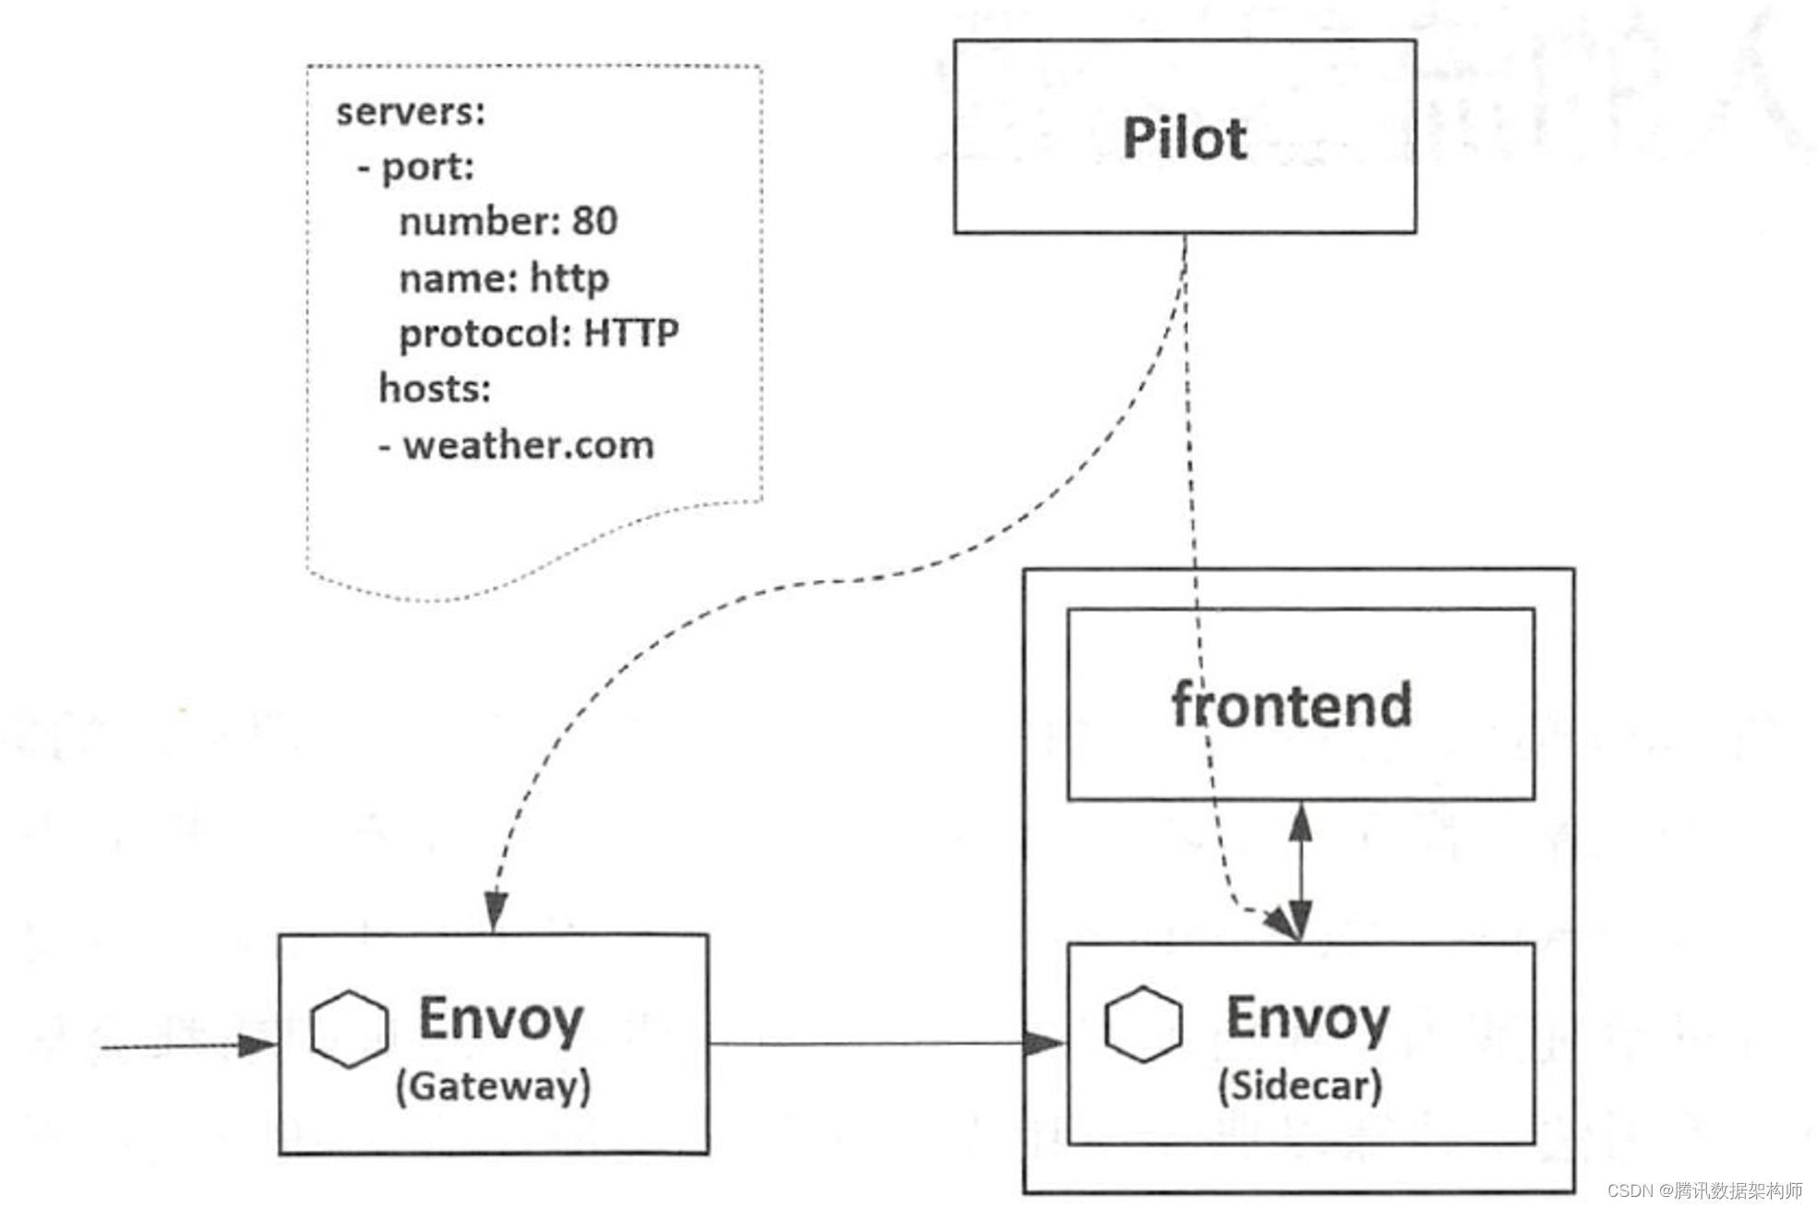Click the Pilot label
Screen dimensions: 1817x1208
pyautogui.click(x=1185, y=138)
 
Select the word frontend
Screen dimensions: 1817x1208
pyautogui.click(x=1292, y=704)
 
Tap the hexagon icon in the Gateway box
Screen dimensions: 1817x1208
pyautogui.click(x=349, y=1030)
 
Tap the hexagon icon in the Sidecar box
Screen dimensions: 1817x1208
pyautogui.click(x=1143, y=1024)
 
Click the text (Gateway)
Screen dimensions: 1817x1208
pyautogui.click(x=493, y=1086)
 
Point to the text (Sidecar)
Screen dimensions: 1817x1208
pyautogui.click(x=1300, y=1085)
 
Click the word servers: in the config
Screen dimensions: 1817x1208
pyautogui.click(x=411, y=112)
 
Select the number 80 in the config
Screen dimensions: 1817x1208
pyautogui.click(x=595, y=221)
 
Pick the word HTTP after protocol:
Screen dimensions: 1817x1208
pyautogui.click(x=632, y=332)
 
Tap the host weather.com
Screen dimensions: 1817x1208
pyautogui.click(x=528, y=445)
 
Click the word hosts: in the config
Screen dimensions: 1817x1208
pyautogui.click(x=435, y=388)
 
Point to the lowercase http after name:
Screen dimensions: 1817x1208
pyautogui.click(x=569, y=278)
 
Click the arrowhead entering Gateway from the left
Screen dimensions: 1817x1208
pyautogui.click(x=259, y=1045)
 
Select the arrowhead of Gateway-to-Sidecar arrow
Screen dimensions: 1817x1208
pyautogui.click(x=1046, y=1044)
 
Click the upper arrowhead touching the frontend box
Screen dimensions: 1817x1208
pyautogui.click(x=1301, y=821)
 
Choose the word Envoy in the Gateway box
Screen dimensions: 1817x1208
pyautogui.click(x=501, y=1019)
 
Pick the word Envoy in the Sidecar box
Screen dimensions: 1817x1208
pyautogui.click(x=1307, y=1018)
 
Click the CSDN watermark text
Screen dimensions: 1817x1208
pyautogui.click(x=1704, y=1190)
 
